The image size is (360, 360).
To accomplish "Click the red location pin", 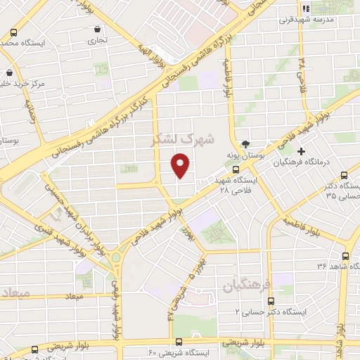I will click(181, 165).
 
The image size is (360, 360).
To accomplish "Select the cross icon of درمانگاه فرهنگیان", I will click(302, 151).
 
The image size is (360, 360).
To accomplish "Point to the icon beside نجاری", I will click(96, 30).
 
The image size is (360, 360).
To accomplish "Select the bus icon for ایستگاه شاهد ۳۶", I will click(345, 257).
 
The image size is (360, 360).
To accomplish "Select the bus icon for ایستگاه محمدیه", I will click(15, 33).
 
